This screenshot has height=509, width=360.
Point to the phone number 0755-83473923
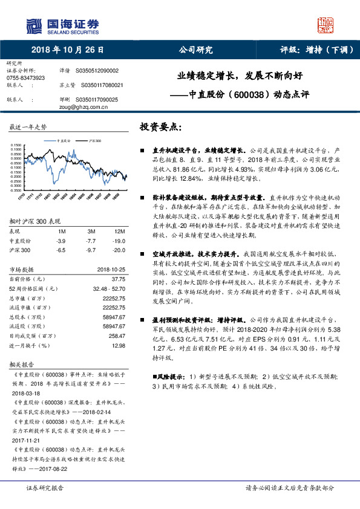pos(25,78)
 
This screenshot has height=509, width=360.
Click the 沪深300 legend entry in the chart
pos(92,140)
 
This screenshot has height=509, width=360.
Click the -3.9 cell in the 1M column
pos(61,241)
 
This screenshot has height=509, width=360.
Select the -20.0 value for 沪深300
pos(119,249)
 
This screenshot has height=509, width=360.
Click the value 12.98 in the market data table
pos(118,346)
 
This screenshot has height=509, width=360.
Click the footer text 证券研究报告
pos(44,488)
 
